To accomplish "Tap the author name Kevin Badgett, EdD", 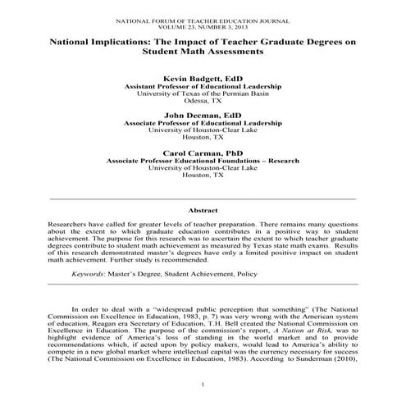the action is point(203,77).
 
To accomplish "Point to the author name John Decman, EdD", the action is point(203,115).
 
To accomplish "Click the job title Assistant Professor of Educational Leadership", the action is point(203,85).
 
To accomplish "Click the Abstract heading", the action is point(203,211).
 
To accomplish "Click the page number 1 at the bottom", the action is point(202,384).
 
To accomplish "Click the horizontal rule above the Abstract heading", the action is point(203,198).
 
